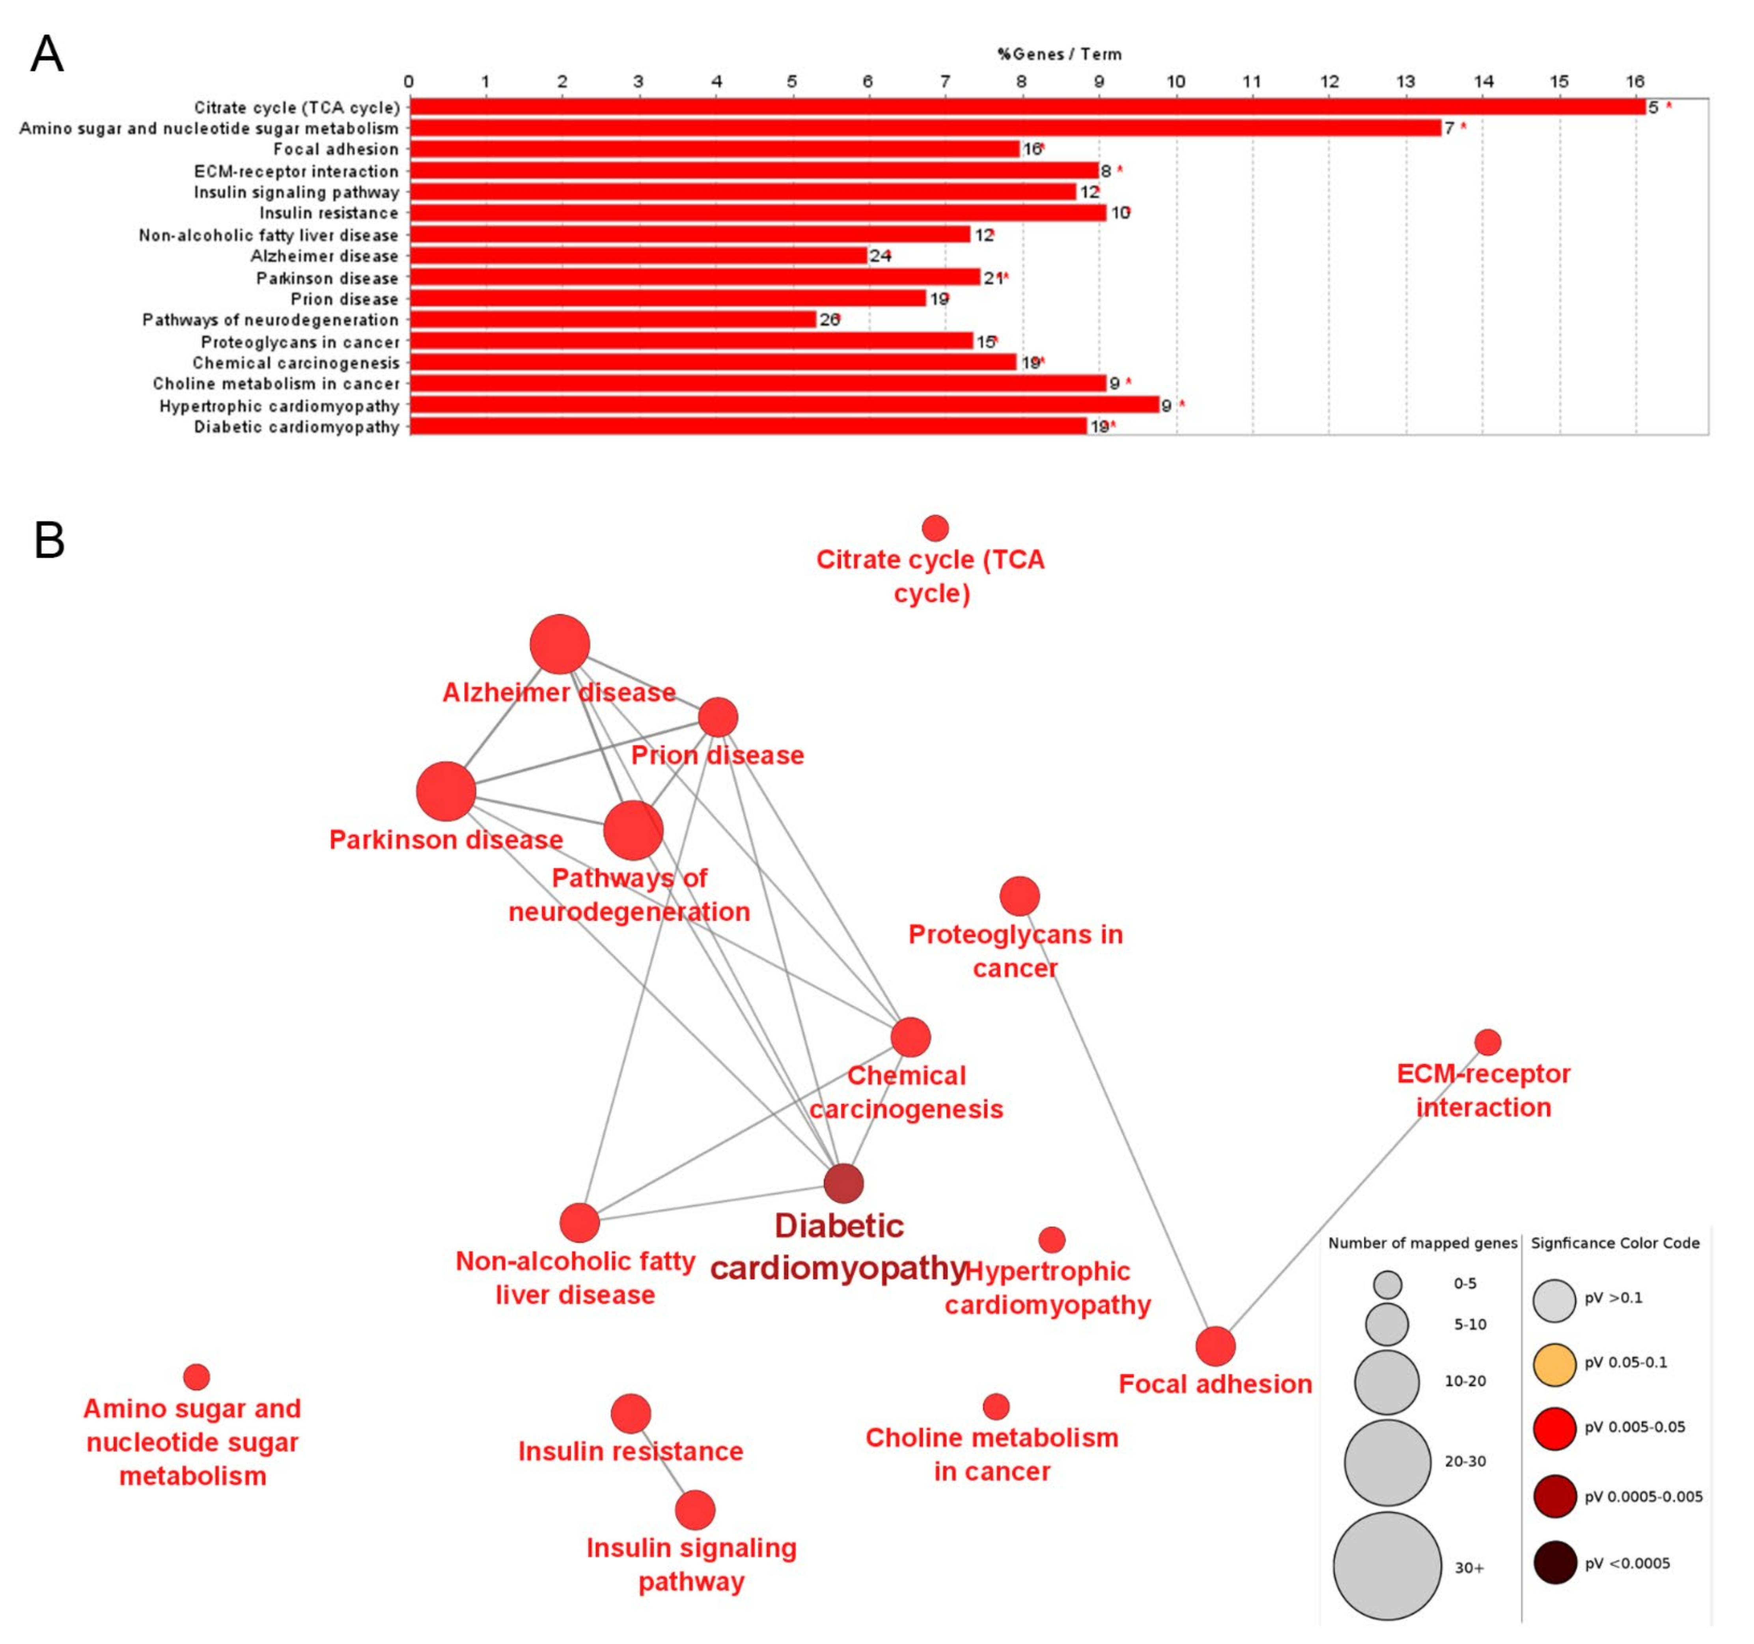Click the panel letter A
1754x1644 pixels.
click(47, 55)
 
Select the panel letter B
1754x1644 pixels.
click(49, 540)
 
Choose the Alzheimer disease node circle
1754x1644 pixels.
click(560, 644)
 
